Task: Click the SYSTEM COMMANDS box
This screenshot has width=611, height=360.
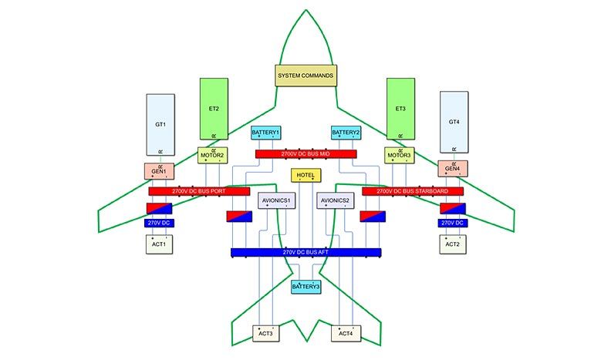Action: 305,76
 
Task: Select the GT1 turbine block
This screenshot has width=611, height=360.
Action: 160,123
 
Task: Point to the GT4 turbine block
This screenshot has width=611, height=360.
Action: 453,123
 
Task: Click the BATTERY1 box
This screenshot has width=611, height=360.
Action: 265,133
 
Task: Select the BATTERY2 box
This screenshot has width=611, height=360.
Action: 346,133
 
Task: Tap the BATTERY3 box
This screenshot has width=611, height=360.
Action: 305,287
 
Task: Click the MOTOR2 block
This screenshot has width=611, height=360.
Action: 212,155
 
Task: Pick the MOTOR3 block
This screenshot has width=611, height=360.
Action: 400,155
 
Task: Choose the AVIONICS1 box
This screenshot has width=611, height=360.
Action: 277,201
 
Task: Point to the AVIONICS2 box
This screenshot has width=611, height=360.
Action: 336,201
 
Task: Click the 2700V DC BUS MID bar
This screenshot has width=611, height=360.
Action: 306,154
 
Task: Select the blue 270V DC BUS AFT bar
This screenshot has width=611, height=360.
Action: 305,253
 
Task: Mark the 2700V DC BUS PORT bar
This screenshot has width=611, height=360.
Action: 199,190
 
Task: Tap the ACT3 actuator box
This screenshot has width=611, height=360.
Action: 265,334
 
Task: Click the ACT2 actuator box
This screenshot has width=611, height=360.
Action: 452,244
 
